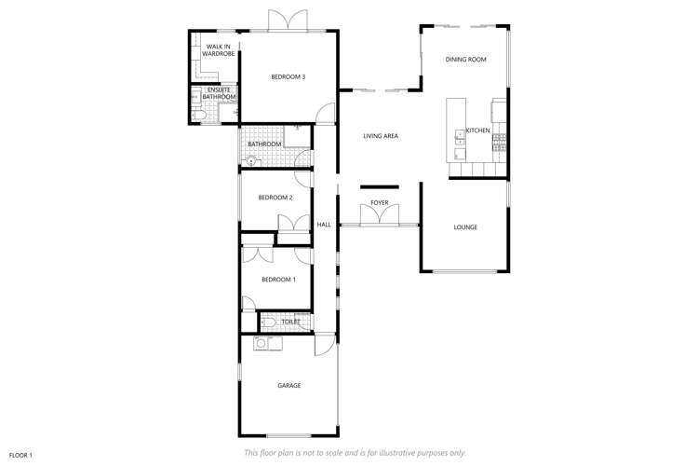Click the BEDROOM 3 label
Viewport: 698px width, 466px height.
[288, 76]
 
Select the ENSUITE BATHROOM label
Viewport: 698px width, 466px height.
[221, 93]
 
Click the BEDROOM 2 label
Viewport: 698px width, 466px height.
[275, 198]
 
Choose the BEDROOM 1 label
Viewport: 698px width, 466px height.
[278, 280]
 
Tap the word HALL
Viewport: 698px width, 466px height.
[324, 225]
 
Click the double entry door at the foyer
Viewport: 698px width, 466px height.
[379, 216]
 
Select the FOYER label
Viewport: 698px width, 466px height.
[379, 202]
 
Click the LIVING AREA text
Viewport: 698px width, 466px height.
[381, 137]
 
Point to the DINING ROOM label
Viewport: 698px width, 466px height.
[465, 60]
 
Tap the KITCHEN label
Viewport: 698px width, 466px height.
[477, 130]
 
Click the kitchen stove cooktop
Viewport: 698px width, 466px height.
[500, 141]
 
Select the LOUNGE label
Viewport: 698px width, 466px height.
[465, 226]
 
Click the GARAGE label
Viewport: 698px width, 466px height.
[289, 385]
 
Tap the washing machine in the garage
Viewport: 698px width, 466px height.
[262, 344]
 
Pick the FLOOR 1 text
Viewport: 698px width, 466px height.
[20, 454]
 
